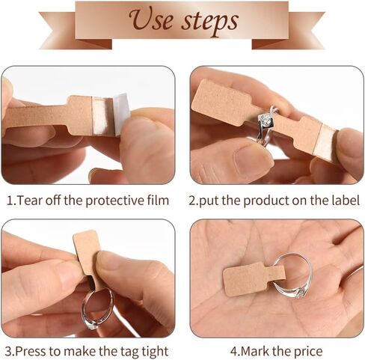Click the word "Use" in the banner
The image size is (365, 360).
click(x=150, y=19)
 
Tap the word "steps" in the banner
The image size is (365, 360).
click(x=210, y=22)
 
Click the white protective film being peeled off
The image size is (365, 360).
click(x=122, y=114)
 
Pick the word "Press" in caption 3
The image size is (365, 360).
click(x=31, y=351)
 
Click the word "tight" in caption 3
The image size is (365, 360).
click(x=155, y=352)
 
